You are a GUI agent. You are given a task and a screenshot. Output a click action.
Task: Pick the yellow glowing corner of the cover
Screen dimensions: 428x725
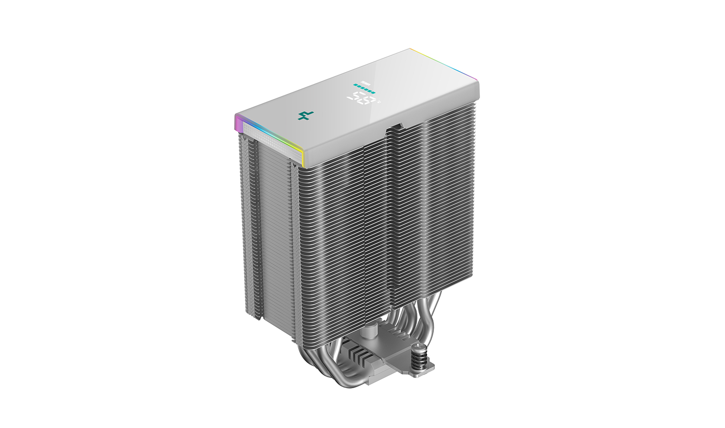point(301,151)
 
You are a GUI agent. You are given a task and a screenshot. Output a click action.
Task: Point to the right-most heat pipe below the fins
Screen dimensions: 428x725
point(434,312)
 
